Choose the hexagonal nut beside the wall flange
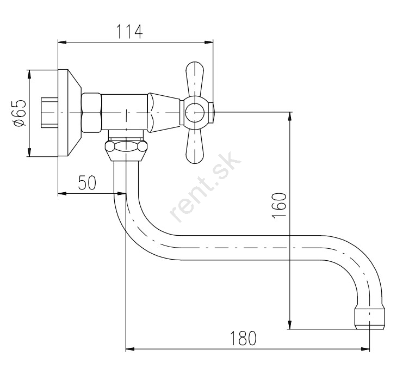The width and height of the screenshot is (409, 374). click(x=91, y=113)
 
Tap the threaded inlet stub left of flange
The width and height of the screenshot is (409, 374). click(x=49, y=113)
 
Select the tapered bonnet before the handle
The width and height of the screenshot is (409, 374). click(x=163, y=112)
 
